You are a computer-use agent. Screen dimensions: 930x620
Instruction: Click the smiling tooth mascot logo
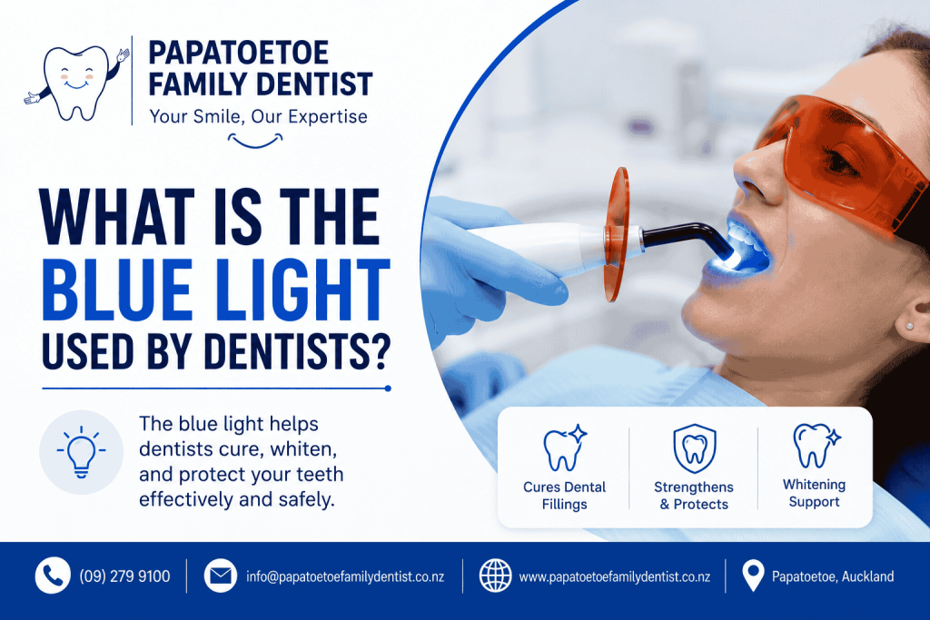coord(76,83)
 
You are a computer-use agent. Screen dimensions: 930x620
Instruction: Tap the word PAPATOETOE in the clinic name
coord(239,53)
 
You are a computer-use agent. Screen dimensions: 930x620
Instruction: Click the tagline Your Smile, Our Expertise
coord(259,117)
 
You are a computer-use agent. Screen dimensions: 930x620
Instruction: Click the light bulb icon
coord(81,452)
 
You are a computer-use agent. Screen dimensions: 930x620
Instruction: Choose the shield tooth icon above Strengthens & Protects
coord(695,448)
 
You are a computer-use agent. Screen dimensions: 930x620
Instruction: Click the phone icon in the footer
coord(53,576)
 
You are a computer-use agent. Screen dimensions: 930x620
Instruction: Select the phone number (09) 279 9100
coord(124,576)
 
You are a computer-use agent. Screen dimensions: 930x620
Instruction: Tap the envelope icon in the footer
coord(221,576)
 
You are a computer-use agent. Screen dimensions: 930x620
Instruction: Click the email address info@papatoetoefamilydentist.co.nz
coord(345,576)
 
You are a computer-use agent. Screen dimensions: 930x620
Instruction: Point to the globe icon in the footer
coord(495,576)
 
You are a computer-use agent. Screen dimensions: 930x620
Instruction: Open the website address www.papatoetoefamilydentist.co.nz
coord(615,576)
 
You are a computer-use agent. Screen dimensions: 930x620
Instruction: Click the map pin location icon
coord(753,576)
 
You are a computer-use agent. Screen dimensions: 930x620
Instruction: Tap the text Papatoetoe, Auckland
coord(833,576)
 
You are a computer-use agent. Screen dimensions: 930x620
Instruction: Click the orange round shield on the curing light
coord(617,234)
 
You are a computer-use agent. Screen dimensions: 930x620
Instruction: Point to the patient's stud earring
coord(909,326)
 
